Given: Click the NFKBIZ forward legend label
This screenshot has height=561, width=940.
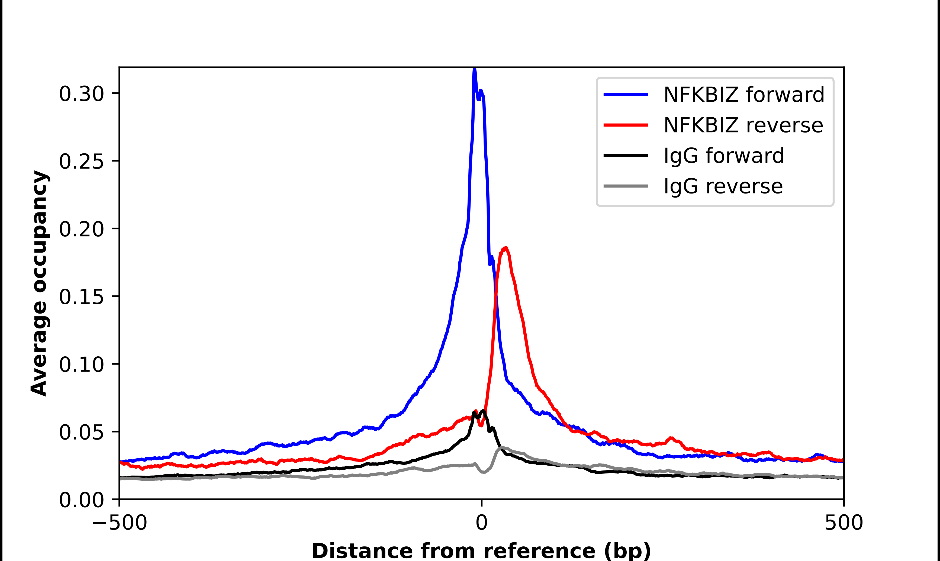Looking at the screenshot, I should point(744,95).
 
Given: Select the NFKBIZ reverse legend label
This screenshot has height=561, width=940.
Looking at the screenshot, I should point(743,125).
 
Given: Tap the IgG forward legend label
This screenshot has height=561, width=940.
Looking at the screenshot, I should point(724,156).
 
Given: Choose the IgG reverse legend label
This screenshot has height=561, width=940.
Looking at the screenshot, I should point(723,186).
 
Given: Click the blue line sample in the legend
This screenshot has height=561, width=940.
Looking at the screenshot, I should point(626,95).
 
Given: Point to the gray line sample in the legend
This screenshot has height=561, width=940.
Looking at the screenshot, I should point(626,186).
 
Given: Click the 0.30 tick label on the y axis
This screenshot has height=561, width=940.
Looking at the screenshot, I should point(81,94).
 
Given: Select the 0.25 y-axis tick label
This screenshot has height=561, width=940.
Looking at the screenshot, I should point(81,162).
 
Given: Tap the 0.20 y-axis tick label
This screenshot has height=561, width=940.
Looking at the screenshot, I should point(81,229).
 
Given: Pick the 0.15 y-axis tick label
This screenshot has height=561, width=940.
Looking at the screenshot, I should point(81,297).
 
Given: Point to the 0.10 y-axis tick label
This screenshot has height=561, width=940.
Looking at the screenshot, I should point(81,365).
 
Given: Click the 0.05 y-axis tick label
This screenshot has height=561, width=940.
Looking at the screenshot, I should point(81,432).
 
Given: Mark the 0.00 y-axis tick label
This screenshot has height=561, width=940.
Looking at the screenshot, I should point(81,500).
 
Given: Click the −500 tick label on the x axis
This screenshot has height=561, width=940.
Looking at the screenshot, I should point(120,523).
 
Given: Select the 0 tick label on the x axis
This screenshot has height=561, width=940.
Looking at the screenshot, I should point(481,523).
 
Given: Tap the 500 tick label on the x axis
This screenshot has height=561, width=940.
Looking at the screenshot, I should point(844,523).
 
